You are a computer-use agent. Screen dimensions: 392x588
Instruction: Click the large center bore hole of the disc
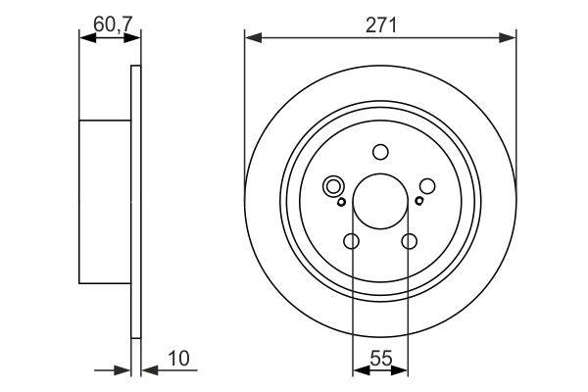(x=380, y=199)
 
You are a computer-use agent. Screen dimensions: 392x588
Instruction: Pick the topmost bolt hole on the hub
(x=380, y=152)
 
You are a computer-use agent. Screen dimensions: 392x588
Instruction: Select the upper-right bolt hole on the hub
(x=427, y=185)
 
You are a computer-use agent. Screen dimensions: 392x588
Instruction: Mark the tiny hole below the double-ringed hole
(x=341, y=203)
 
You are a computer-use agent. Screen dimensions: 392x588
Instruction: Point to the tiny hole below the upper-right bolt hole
(x=419, y=202)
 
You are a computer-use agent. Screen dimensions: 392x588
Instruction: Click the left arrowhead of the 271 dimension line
(x=252, y=38)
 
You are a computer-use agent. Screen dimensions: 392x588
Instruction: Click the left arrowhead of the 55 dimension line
(x=359, y=370)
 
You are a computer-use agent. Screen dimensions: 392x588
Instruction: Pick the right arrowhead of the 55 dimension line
(x=403, y=370)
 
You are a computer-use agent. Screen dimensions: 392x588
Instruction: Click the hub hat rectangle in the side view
(x=105, y=201)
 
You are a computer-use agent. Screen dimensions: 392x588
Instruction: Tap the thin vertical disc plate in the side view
(x=135, y=201)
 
